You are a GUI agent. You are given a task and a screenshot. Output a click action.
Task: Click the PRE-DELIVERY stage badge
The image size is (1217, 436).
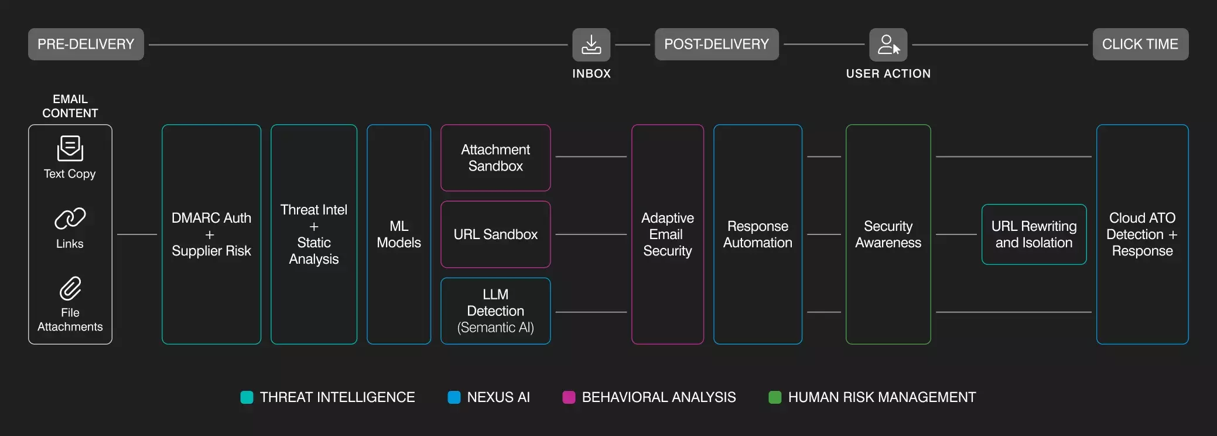pyautogui.click(x=86, y=45)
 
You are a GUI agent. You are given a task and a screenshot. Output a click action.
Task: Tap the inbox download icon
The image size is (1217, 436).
pyautogui.click(x=591, y=45)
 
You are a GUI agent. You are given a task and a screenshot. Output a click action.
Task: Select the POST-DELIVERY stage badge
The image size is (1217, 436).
pyautogui.click(x=716, y=45)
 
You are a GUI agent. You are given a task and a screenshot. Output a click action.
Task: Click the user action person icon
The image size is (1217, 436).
pyautogui.click(x=888, y=45)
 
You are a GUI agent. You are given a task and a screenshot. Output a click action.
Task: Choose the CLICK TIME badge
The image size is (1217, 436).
pyautogui.click(x=1140, y=45)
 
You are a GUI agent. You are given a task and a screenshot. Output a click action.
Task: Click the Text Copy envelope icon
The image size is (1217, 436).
pyautogui.click(x=70, y=148)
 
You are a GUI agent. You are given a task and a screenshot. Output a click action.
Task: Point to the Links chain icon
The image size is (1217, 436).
pyautogui.click(x=70, y=219)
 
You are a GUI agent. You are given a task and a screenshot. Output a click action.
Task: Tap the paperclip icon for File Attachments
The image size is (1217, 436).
pyautogui.click(x=70, y=288)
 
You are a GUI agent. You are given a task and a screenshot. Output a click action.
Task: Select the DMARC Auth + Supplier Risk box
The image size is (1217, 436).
pyautogui.click(x=211, y=234)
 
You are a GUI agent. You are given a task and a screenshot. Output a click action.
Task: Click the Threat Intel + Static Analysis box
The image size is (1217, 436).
pyautogui.click(x=313, y=234)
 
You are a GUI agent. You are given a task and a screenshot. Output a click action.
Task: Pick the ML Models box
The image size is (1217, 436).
pyautogui.click(x=398, y=234)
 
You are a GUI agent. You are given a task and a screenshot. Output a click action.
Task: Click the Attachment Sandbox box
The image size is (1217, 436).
pyautogui.click(x=495, y=158)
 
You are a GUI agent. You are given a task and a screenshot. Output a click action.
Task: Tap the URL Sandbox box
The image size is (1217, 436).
pyautogui.click(x=495, y=234)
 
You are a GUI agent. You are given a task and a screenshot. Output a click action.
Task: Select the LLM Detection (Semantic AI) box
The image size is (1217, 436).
pyautogui.click(x=495, y=311)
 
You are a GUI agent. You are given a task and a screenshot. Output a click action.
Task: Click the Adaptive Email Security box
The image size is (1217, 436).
pyautogui.click(x=667, y=234)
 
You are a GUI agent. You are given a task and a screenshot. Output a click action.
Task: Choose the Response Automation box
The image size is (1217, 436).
pyautogui.click(x=757, y=234)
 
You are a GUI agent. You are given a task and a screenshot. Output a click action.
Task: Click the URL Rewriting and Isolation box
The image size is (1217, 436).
pyautogui.click(x=1034, y=234)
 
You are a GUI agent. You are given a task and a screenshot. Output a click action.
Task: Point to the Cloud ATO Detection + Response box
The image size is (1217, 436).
pyautogui.click(x=1142, y=234)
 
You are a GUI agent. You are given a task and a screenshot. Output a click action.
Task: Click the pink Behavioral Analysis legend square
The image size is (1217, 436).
pyautogui.click(x=569, y=397)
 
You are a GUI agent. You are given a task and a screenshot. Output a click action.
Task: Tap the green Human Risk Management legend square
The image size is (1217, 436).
pyautogui.click(x=775, y=397)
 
